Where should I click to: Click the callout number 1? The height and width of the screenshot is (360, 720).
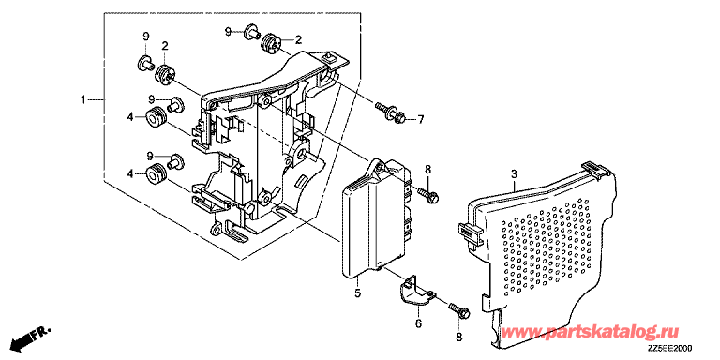(x=83, y=99)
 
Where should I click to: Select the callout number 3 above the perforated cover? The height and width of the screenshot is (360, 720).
(x=515, y=174)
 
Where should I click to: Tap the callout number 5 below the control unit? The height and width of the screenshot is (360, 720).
(x=358, y=292)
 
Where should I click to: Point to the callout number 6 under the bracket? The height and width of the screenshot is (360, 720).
(x=418, y=323)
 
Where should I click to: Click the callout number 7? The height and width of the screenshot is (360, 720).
(x=420, y=120)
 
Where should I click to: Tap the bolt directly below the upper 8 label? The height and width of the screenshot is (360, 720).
(x=427, y=195)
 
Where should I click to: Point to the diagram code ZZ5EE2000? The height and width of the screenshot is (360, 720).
(x=672, y=349)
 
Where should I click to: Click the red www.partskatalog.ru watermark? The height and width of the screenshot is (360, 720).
(x=589, y=332)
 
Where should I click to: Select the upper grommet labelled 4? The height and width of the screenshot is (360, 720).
(x=157, y=117)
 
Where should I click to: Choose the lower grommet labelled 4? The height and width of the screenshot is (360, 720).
(x=157, y=173)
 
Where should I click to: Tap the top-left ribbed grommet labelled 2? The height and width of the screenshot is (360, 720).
(x=163, y=75)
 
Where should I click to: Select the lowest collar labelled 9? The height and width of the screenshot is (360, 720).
(x=176, y=160)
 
